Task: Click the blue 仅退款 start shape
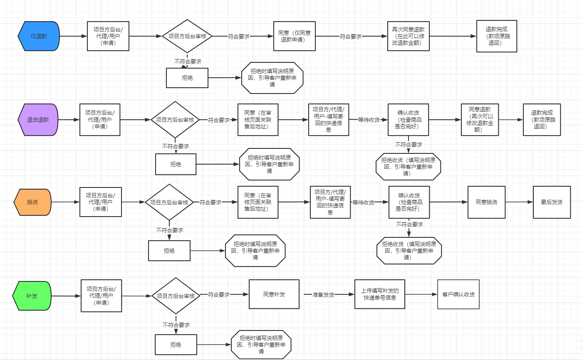pyautogui.click(x=39, y=36)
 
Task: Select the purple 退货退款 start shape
pyautogui.click(x=38, y=120)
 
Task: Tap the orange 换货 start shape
pyautogui.click(x=32, y=202)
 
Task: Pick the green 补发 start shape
pyautogui.click(x=32, y=296)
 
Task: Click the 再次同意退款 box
pyautogui.click(x=408, y=36)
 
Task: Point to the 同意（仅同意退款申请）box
pyautogui.click(x=294, y=36)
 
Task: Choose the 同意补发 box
pyautogui.click(x=274, y=294)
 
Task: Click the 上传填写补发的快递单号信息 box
pyautogui.click(x=379, y=294)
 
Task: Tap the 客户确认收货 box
pyautogui.click(x=458, y=294)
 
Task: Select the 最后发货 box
pyautogui.click(x=552, y=202)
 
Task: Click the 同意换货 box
pyautogui.click(x=486, y=202)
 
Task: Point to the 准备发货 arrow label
pyautogui.click(x=323, y=294)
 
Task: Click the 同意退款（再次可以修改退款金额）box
pyautogui.click(x=480, y=120)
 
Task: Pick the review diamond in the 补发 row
pyautogui.click(x=176, y=296)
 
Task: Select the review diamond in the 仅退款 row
pyautogui.click(x=187, y=36)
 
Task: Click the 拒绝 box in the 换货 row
pyautogui.click(x=169, y=251)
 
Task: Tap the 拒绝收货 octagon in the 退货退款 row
pyautogui.click(x=408, y=166)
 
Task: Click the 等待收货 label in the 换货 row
pyautogui.click(x=363, y=202)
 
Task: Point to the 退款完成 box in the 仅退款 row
pyautogui.click(x=497, y=36)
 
